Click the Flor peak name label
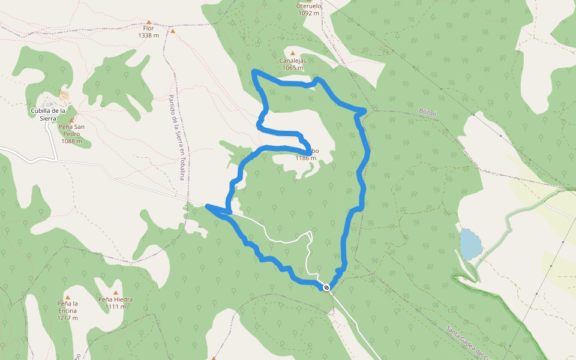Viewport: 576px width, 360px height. tap(148, 28)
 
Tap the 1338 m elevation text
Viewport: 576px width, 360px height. tap(148, 35)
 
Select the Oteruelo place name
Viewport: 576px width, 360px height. tap(309, 5)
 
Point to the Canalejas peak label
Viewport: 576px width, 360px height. tap(293, 61)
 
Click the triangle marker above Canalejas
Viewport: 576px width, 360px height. tap(293, 53)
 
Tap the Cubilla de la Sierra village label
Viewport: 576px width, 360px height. tap(48, 115)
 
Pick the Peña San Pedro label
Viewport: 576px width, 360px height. tap(71, 130)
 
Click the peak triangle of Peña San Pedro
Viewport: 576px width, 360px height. tap(71, 120)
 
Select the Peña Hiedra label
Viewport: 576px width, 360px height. tap(115, 299)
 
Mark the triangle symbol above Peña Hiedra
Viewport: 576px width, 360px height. tap(115, 292)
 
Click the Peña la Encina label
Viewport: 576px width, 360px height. tap(68, 307)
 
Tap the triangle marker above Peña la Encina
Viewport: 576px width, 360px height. tap(68, 297)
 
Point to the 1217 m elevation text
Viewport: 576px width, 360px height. tap(68, 317)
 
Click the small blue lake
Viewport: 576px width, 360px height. tap(470, 243)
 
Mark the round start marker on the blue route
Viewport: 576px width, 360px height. tap(326, 287)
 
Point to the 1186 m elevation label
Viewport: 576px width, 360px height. tap(305, 158)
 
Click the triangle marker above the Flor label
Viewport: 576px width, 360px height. tap(149, 21)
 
